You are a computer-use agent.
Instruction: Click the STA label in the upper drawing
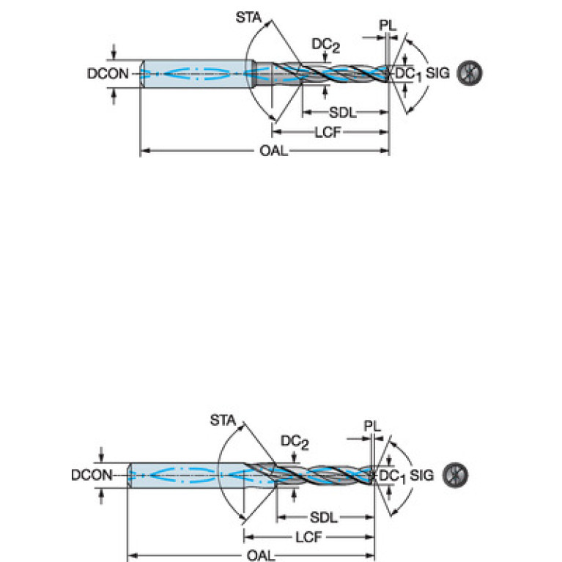point(249,15)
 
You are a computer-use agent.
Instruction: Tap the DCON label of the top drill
point(108,73)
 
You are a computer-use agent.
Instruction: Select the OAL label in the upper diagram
point(273,151)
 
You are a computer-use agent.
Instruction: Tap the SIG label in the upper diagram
point(438,73)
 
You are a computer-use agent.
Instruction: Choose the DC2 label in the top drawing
point(325,45)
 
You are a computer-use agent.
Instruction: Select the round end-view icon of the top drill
point(468,73)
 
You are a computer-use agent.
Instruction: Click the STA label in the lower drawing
point(223,420)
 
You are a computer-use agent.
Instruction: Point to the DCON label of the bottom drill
point(92,475)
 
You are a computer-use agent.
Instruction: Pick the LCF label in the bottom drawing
point(310,537)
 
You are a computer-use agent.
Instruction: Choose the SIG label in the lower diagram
point(422,476)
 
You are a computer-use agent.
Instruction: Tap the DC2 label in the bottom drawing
point(295,442)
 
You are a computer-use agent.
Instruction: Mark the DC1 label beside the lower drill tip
point(391,476)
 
